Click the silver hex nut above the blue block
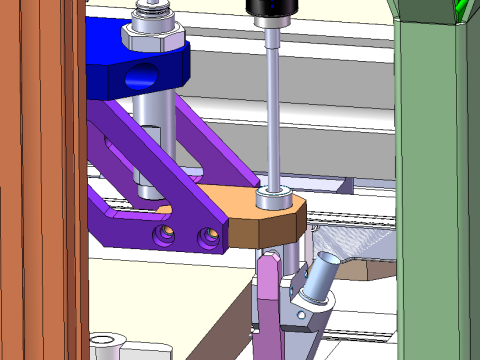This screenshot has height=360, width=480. click(x=152, y=39)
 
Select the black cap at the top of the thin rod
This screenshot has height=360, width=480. click(x=273, y=11)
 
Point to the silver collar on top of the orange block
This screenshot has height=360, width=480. click(x=273, y=196)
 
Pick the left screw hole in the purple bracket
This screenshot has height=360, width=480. click(x=164, y=235)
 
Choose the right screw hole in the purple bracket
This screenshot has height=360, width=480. click(x=207, y=237)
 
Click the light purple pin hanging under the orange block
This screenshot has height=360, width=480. click(x=268, y=300)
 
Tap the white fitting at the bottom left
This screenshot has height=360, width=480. click(x=107, y=347)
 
